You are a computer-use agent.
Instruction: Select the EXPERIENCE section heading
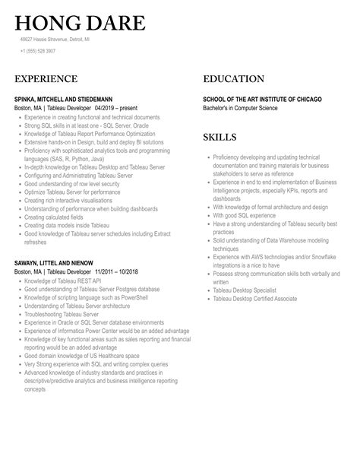point(46,79)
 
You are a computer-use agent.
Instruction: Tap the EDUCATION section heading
point(233,79)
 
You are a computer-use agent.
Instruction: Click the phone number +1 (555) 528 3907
point(38,51)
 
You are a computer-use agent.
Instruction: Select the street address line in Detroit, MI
point(54,39)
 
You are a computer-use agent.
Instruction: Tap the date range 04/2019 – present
point(119,108)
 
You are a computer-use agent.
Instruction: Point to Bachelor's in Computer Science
point(240,108)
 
